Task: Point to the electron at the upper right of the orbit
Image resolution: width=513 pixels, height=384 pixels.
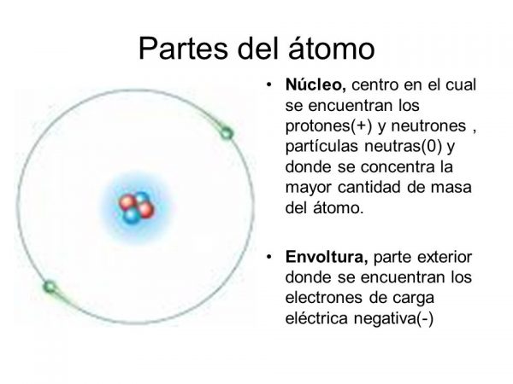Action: pyautogui.click(x=227, y=131)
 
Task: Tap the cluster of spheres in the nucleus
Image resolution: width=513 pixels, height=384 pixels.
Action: pyautogui.click(x=134, y=208)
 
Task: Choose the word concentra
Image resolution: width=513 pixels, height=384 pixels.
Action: pyautogui.click(x=411, y=168)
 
